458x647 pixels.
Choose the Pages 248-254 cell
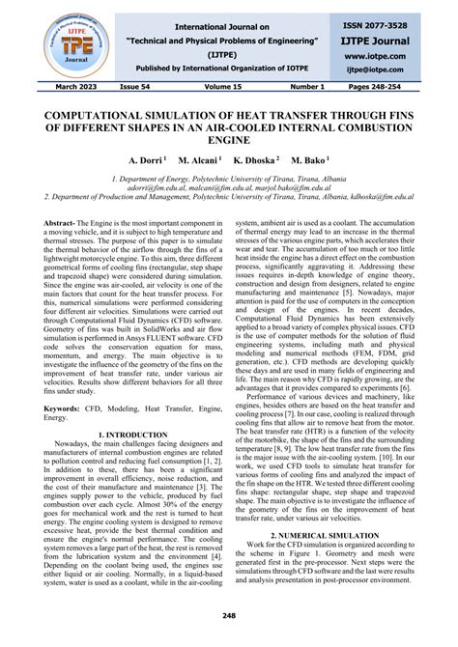pyautogui.click(x=398, y=89)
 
